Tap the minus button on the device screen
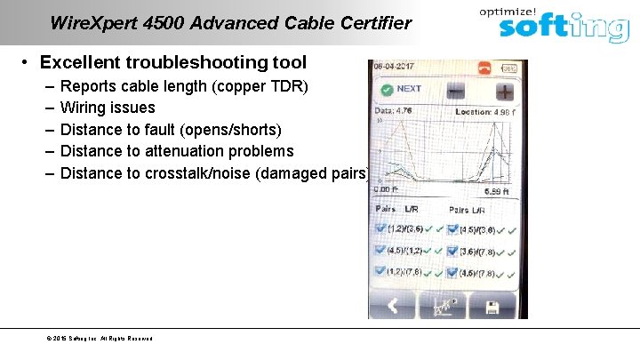(455, 91)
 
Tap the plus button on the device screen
(504, 91)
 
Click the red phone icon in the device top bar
(485, 68)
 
